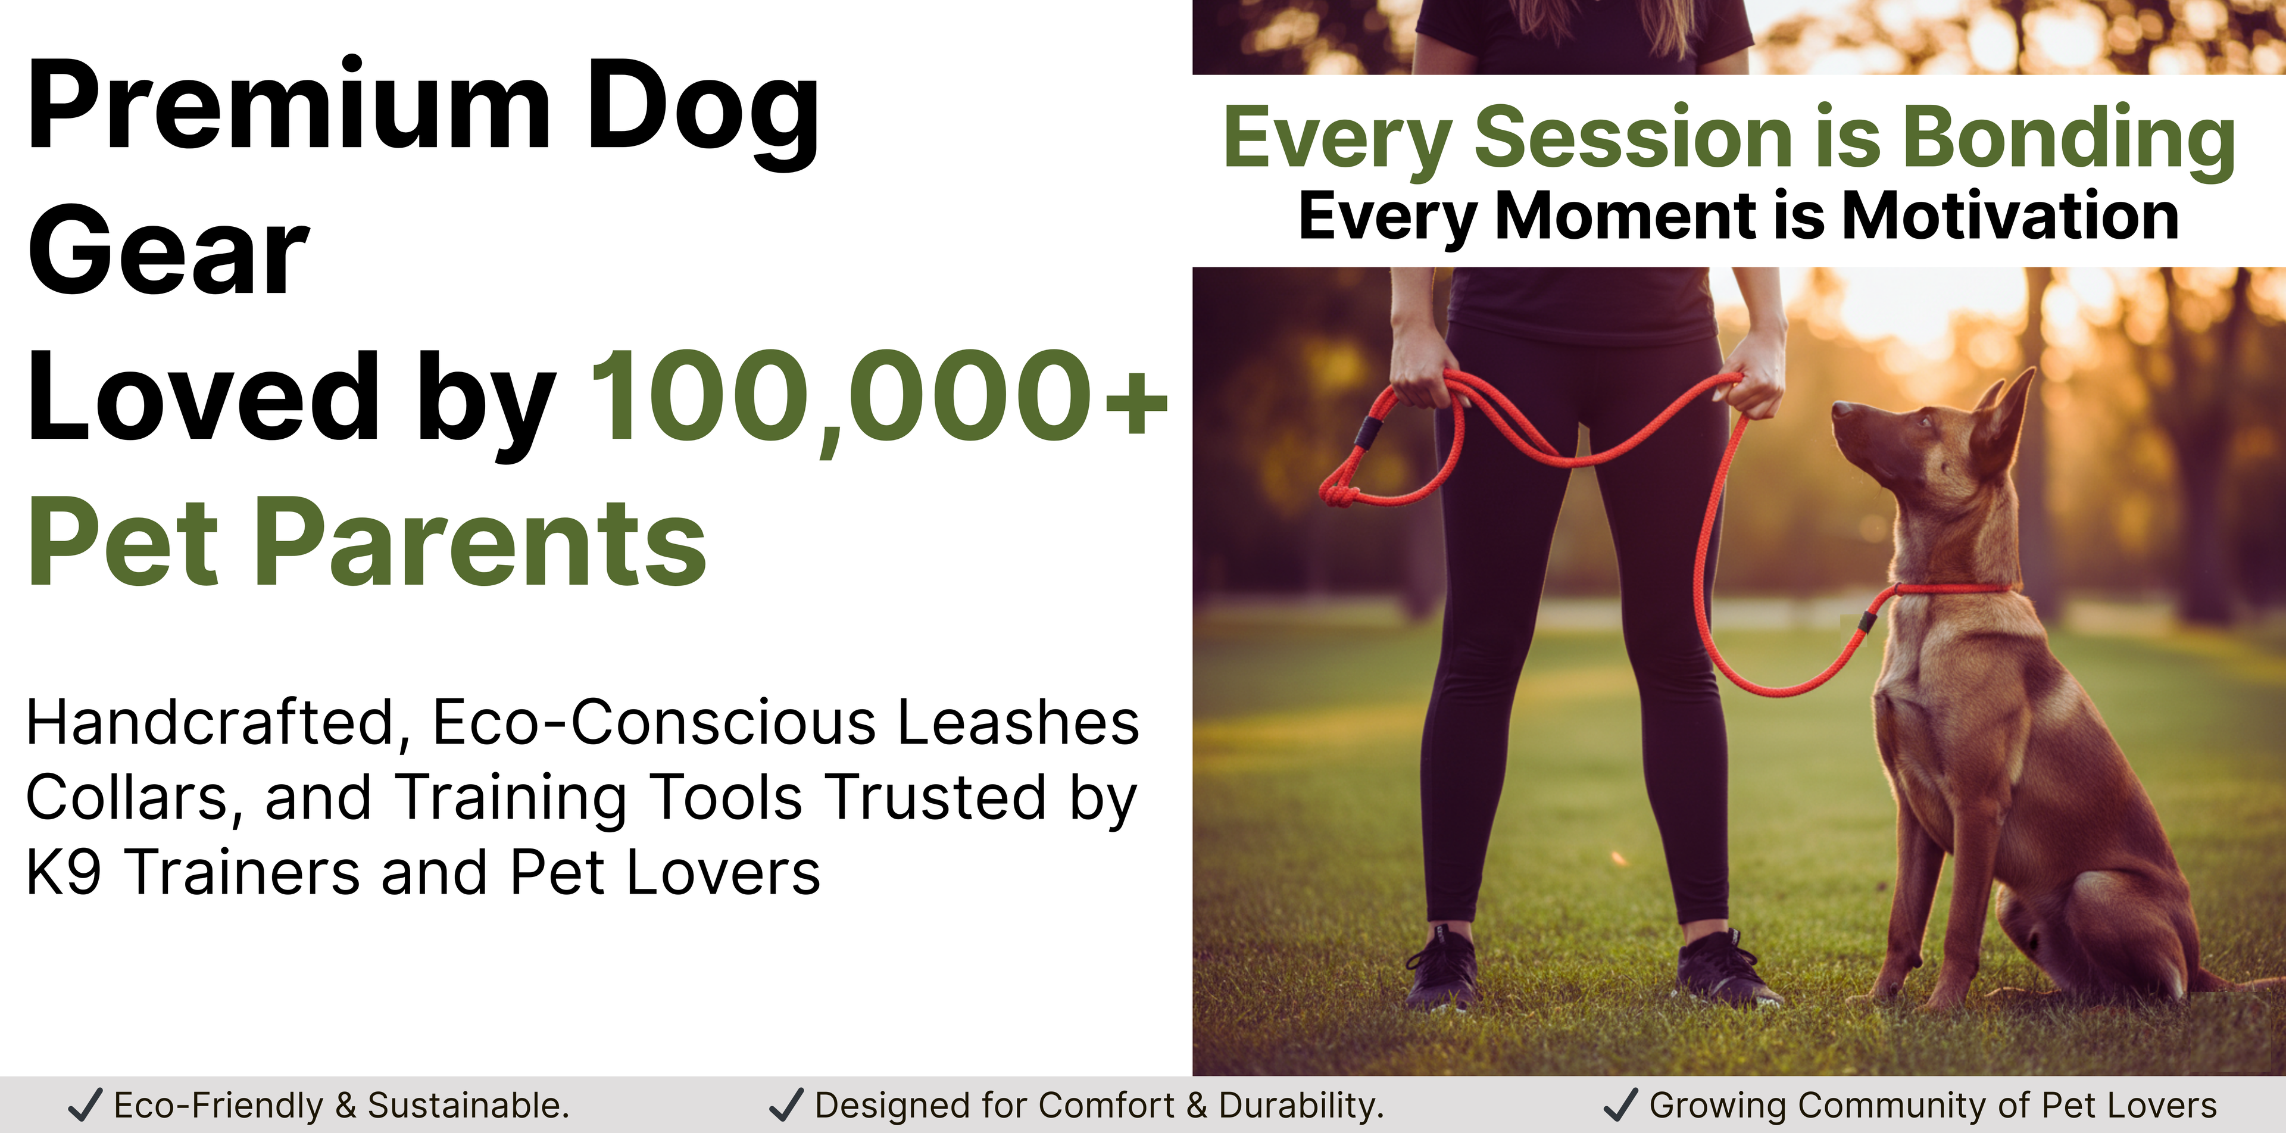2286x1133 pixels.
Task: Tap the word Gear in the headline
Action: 168,249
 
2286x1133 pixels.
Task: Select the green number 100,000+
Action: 879,397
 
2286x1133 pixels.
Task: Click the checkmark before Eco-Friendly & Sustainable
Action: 85,1104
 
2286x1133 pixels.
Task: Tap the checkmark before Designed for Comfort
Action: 785,1104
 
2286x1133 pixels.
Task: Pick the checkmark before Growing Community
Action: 1620,1104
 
